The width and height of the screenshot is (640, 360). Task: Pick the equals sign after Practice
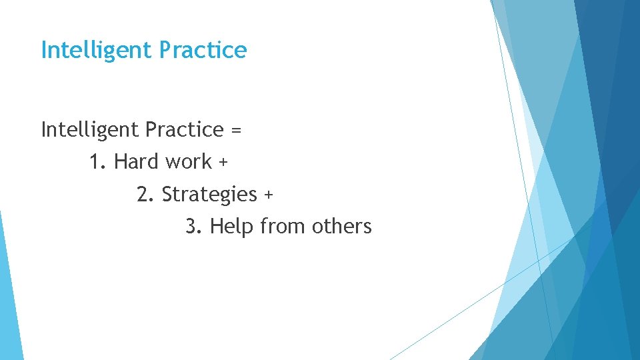(235, 130)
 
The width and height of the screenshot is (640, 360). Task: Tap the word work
(188, 162)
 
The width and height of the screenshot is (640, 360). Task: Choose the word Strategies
(209, 195)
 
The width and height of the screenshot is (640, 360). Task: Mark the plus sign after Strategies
(268, 195)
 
